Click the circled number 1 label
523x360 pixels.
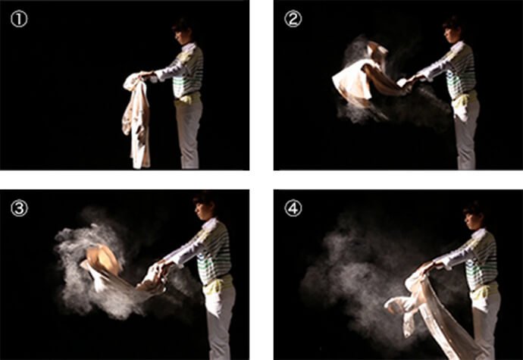(19, 20)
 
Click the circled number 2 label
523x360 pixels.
(293, 20)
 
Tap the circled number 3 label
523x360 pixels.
(19, 208)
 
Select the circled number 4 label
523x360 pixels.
(293, 208)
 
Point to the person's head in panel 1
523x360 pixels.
(182, 31)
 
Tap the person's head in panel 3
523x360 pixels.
(203, 205)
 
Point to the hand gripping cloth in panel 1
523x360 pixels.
(145, 74)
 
